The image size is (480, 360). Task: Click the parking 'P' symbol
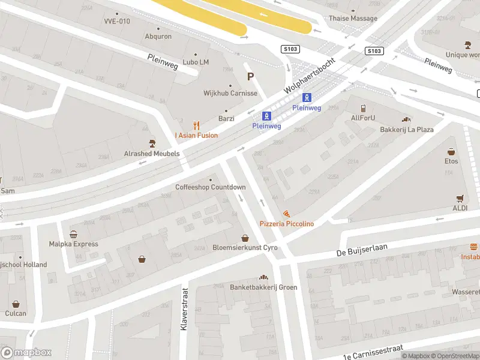point(251,76)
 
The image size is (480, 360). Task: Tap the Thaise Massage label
point(353,19)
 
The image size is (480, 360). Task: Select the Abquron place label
point(158,37)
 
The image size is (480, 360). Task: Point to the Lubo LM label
point(196,62)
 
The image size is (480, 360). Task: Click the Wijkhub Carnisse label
point(230,94)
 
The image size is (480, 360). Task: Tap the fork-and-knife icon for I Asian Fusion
point(196,125)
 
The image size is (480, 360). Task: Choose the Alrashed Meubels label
point(152,154)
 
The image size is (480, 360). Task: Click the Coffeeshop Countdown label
point(210,187)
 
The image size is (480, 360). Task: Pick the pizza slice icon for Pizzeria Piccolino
point(286,214)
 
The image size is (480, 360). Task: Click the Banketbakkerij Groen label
point(263,287)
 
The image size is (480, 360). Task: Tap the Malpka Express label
point(73,244)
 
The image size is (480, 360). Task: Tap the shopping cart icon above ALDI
point(460,198)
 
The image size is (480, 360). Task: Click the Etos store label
point(451,161)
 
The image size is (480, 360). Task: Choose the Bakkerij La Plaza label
point(406,129)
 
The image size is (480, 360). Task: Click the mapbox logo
point(26,353)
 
